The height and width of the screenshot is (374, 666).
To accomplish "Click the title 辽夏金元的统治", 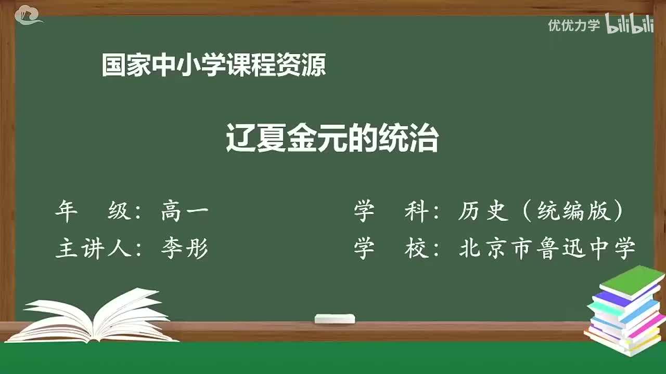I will coord(332,138).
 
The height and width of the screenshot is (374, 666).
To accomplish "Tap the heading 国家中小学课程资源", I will coord(214,66).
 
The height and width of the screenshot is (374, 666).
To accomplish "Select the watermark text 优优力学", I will coord(574,25).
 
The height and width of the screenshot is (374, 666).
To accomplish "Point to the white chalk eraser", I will coord(335,318).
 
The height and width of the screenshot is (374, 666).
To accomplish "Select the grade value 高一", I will coord(185,212).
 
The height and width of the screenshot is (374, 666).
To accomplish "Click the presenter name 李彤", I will coord(185,249).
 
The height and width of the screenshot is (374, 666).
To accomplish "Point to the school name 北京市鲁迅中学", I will coord(547,249).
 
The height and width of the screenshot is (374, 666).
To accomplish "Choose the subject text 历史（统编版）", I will coord(541,212).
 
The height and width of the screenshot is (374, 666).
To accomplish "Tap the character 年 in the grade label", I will coord(67,212).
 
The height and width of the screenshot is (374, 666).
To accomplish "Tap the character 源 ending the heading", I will coord(315,66).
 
